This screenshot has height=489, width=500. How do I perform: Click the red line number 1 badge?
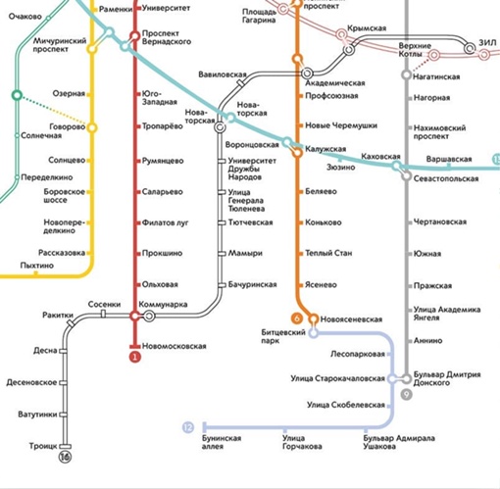[x=134, y=357]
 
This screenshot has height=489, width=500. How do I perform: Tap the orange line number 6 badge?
[x=297, y=318]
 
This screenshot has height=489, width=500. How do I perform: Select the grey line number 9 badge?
[x=406, y=395]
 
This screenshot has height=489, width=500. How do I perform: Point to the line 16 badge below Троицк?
[x=65, y=457]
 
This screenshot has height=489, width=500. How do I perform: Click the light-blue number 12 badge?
[x=188, y=427]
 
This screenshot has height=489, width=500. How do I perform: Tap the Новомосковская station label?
[x=175, y=346]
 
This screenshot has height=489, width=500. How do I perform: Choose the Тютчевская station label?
[x=250, y=222]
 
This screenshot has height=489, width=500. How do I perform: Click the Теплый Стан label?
[x=328, y=253]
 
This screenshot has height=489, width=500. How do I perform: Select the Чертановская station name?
[x=440, y=221]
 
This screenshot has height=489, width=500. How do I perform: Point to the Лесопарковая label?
[x=358, y=354]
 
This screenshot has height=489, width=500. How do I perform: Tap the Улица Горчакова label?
[x=302, y=442]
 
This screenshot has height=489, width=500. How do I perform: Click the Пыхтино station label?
[x=36, y=266]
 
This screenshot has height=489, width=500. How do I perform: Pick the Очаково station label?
[x=25, y=17]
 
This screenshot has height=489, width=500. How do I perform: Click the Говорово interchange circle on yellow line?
[x=92, y=127]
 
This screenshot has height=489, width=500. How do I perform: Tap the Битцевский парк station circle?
[x=313, y=333]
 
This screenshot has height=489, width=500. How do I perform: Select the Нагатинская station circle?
[x=406, y=75]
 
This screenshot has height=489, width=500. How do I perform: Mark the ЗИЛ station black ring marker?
[x=470, y=49]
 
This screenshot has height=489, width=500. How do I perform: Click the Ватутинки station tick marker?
[x=63, y=415]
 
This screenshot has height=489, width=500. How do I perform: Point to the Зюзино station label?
[x=341, y=168]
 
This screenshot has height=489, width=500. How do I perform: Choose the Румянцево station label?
[x=163, y=161]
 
